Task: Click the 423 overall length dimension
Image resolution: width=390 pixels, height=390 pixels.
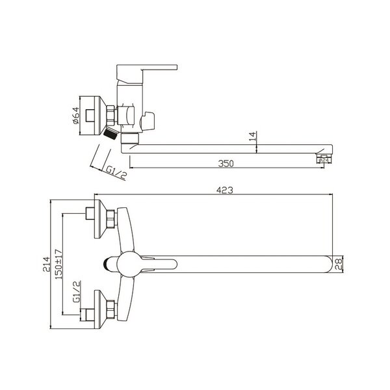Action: [x=225, y=190]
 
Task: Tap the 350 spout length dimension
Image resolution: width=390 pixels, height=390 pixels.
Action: [x=226, y=164]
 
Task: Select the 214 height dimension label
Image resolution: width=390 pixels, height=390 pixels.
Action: [x=46, y=264]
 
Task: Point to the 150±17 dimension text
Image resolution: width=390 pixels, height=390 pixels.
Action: [x=58, y=264]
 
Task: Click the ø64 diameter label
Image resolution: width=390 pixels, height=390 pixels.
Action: [x=76, y=116]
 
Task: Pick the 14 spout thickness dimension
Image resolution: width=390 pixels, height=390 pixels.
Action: [x=252, y=136]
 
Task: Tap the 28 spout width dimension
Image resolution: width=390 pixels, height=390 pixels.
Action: [x=338, y=264]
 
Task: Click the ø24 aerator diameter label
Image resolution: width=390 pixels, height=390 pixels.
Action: [x=324, y=161]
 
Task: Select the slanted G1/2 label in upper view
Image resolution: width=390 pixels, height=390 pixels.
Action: [x=116, y=172]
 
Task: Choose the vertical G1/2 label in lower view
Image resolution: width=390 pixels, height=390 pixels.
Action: [x=77, y=291]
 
